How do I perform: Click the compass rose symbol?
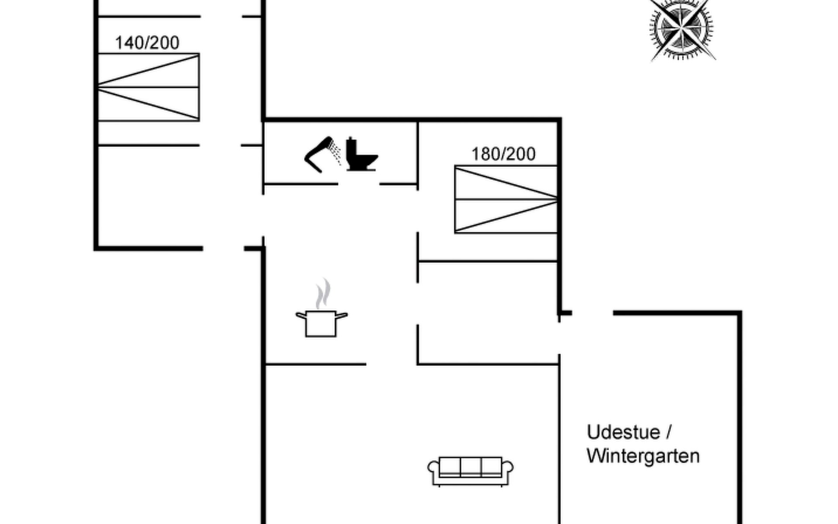681,29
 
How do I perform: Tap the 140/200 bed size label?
147,43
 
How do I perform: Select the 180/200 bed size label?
503,154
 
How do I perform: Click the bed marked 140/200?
148,87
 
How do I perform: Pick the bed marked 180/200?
505,199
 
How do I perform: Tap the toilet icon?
361,155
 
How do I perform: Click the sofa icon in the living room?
470,471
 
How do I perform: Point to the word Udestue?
623,432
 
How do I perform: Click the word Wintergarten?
643,456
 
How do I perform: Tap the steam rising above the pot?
323,293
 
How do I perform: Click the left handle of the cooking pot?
301,315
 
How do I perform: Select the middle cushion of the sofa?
471,467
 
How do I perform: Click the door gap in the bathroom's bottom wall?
359,184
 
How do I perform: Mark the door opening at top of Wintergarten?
592,313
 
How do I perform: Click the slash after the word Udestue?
668,432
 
